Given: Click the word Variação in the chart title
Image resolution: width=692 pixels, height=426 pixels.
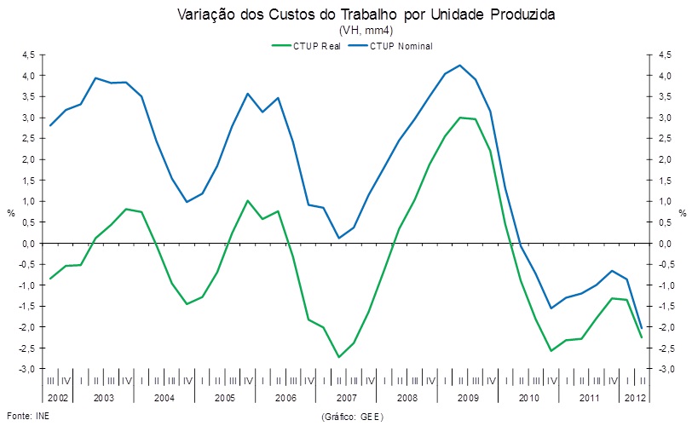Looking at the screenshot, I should click(205, 14).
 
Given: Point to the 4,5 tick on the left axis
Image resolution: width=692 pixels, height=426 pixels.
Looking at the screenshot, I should click(28, 55).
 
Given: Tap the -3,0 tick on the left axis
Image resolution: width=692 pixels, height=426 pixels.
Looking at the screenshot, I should click(26, 369).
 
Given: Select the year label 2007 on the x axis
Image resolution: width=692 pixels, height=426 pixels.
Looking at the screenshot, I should click(346, 398).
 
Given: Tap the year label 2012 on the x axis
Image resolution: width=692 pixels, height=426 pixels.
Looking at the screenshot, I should click(635, 398).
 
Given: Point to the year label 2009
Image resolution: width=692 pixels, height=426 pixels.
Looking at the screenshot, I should click(467, 398).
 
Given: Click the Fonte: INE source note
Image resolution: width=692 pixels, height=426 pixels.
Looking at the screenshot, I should click(22, 417).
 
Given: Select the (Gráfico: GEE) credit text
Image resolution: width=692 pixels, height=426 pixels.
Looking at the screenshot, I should click(352, 417).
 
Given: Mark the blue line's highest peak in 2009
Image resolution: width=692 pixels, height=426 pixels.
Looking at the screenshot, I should click(460, 65).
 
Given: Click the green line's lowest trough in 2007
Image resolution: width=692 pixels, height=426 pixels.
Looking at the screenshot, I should click(338, 357).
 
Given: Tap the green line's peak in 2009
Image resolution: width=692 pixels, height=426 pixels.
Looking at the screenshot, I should click(460, 118).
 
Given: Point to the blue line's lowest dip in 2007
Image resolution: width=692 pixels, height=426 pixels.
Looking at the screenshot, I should click(338, 238).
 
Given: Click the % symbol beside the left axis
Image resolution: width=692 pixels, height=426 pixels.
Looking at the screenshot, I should click(11, 212).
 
